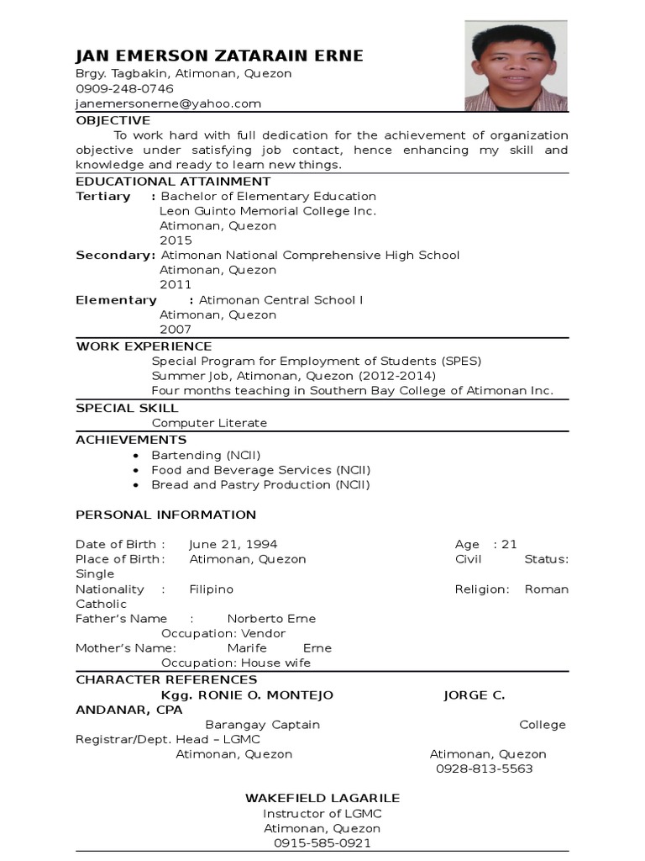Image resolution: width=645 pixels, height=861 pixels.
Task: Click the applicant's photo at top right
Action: point(517,66)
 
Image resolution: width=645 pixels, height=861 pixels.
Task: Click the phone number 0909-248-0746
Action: point(124,88)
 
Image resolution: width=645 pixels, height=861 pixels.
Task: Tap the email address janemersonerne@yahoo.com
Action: point(168,103)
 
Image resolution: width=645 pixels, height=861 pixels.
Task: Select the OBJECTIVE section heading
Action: point(113,120)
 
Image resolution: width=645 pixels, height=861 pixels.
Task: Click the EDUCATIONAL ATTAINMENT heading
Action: point(173,181)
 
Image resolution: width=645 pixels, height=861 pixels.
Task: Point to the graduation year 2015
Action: point(176,240)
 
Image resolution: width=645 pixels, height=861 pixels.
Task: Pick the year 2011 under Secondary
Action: point(176,285)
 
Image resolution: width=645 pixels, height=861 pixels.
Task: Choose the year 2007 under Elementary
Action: point(176,330)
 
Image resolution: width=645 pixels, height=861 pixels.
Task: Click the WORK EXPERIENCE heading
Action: point(144,346)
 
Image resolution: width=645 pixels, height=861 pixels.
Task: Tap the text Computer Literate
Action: point(209,423)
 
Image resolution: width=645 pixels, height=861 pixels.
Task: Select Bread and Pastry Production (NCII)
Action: point(260,484)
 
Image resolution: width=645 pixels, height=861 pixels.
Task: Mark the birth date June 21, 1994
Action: point(233,544)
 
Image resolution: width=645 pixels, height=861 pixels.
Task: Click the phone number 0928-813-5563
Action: point(484,769)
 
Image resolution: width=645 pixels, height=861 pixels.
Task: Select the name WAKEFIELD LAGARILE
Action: point(322,798)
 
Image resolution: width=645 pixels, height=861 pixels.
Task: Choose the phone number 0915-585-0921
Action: point(322,843)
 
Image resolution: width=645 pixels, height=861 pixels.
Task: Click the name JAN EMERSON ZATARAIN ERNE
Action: point(219,56)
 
